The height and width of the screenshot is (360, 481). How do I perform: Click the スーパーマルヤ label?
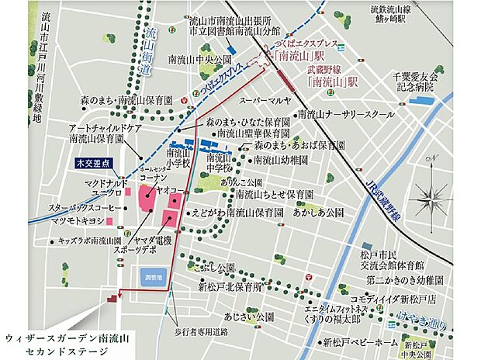pyautogui.click(x=265, y=101)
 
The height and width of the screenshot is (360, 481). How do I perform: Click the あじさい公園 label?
pyautogui.click(x=247, y=317)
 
